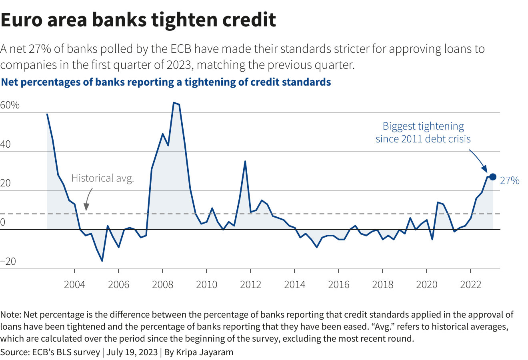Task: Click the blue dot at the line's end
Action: pyautogui.click(x=493, y=177)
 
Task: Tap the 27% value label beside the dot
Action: pyautogui.click(x=510, y=181)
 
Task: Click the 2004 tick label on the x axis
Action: pyautogui.click(x=75, y=284)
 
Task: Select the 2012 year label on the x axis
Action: pyautogui.click(x=250, y=284)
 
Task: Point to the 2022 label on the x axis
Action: pyautogui.click(x=470, y=284)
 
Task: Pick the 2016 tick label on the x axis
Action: pyautogui.click(x=338, y=284)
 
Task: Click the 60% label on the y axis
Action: pyautogui.click(x=10, y=105)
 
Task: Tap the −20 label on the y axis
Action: pyautogui.click(x=8, y=262)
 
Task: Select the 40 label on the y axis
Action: pyautogui.click(x=6, y=144)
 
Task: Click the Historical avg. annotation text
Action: pyautogui.click(x=102, y=178)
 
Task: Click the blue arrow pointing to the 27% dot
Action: pyautogui.click(x=478, y=160)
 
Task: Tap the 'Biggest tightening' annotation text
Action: pyautogui.click(x=423, y=126)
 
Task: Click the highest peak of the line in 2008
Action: pyautogui.click(x=174, y=103)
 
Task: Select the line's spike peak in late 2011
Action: pyautogui.click(x=245, y=161)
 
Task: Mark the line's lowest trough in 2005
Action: pyautogui.click(x=102, y=261)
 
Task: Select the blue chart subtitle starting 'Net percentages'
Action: pyautogui.click(x=166, y=82)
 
